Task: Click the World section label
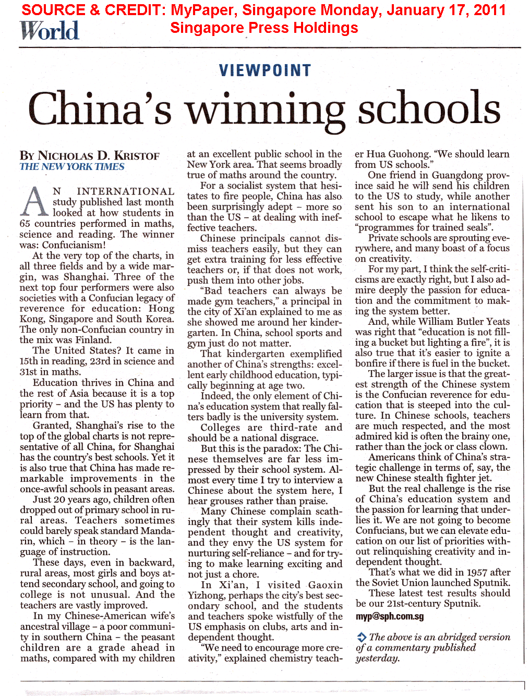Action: pos(50,31)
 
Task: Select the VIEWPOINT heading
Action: pos(265,70)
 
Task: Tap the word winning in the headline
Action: pos(266,109)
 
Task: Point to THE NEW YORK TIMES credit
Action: pos(72,167)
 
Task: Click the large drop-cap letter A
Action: pos(34,202)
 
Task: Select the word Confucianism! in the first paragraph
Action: pos(74,245)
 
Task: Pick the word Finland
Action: pos(93,340)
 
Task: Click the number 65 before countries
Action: pos(25,224)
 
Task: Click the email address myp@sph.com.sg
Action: pos(390,616)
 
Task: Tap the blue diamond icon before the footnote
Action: pos(361,637)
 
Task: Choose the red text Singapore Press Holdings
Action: pos(264,28)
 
